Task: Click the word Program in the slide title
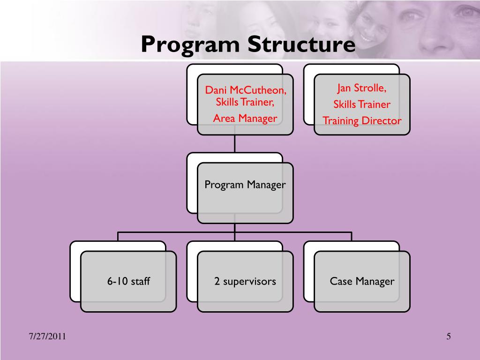(191, 45)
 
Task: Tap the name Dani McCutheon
(245, 90)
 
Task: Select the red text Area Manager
(245, 118)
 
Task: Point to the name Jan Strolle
(361, 88)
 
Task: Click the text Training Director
(362, 120)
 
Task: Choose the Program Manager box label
(245, 185)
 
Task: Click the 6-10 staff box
(128, 282)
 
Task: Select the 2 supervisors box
(245, 282)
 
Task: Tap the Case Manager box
(362, 282)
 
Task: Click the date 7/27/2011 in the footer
(47, 337)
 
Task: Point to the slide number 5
(449, 336)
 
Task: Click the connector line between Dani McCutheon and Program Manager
(235, 144)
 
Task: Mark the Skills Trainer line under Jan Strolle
(362, 105)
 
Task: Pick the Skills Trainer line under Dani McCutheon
(245, 103)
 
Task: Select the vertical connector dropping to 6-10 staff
(118, 236)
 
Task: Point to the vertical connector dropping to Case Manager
(352, 236)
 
